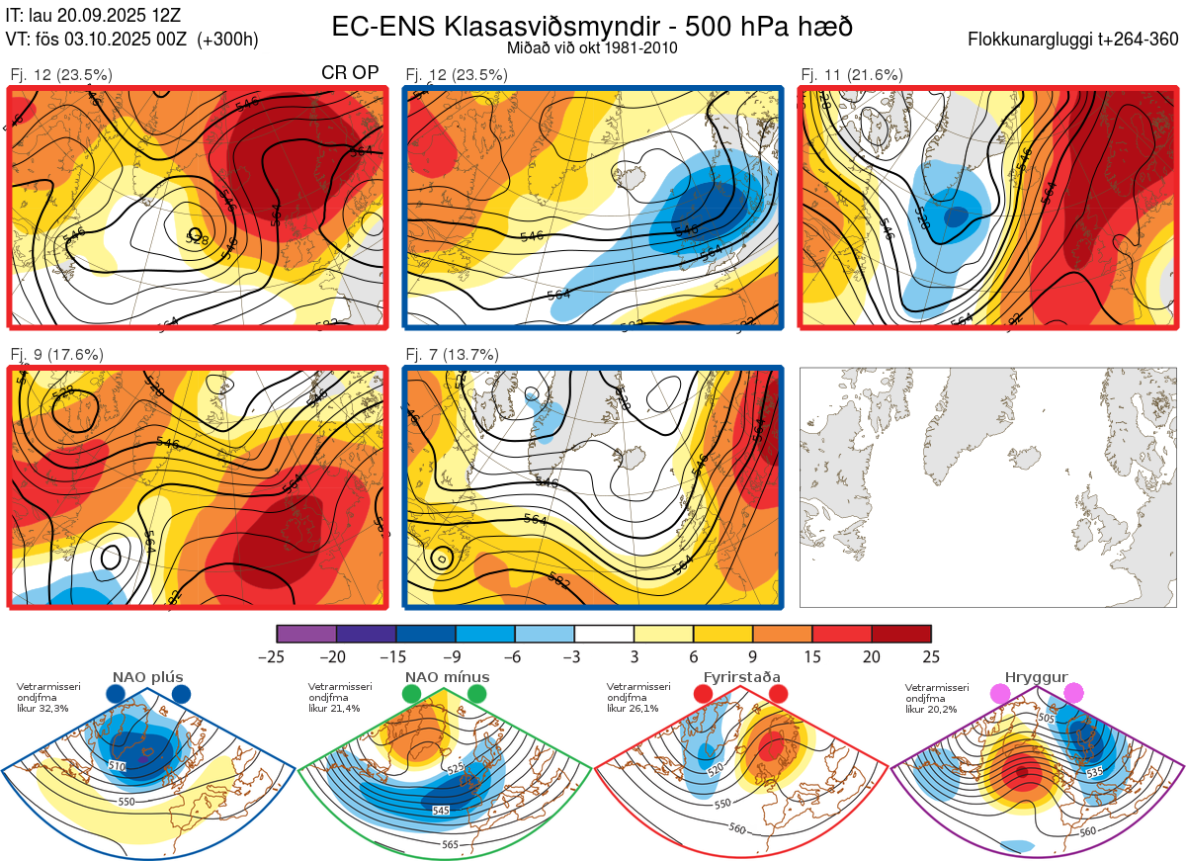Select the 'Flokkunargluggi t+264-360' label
point(1075,40)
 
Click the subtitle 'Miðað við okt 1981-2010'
point(592,47)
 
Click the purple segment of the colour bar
point(306,634)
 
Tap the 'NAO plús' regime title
point(147,677)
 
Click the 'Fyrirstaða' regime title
point(742,677)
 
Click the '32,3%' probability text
point(50,709)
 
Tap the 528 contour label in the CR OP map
point(199,237)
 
